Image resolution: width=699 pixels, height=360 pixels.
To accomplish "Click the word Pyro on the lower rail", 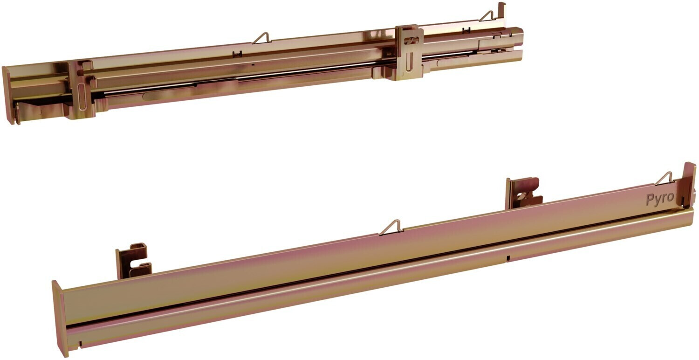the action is (660, 199).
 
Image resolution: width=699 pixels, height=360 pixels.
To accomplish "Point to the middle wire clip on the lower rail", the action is (391, 227).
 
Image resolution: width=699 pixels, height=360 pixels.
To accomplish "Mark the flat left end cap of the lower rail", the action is (60, 318).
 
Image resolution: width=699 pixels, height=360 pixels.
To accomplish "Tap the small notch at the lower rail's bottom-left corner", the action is (80, 344).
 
